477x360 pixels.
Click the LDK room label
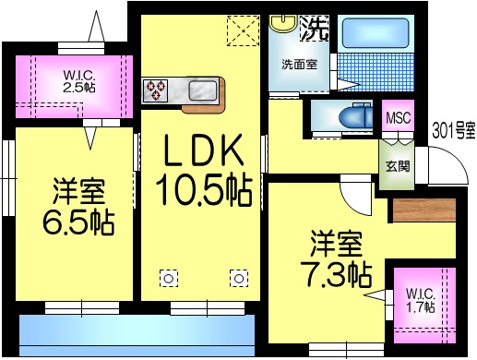[203, 150]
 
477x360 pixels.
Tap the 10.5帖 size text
[204, 189]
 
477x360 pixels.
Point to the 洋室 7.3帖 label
[337, 260]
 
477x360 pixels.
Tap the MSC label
[398, 118]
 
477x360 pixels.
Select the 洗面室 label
[299, 65]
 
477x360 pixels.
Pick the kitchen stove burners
[154, 91]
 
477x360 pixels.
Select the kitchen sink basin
[203, 91]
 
